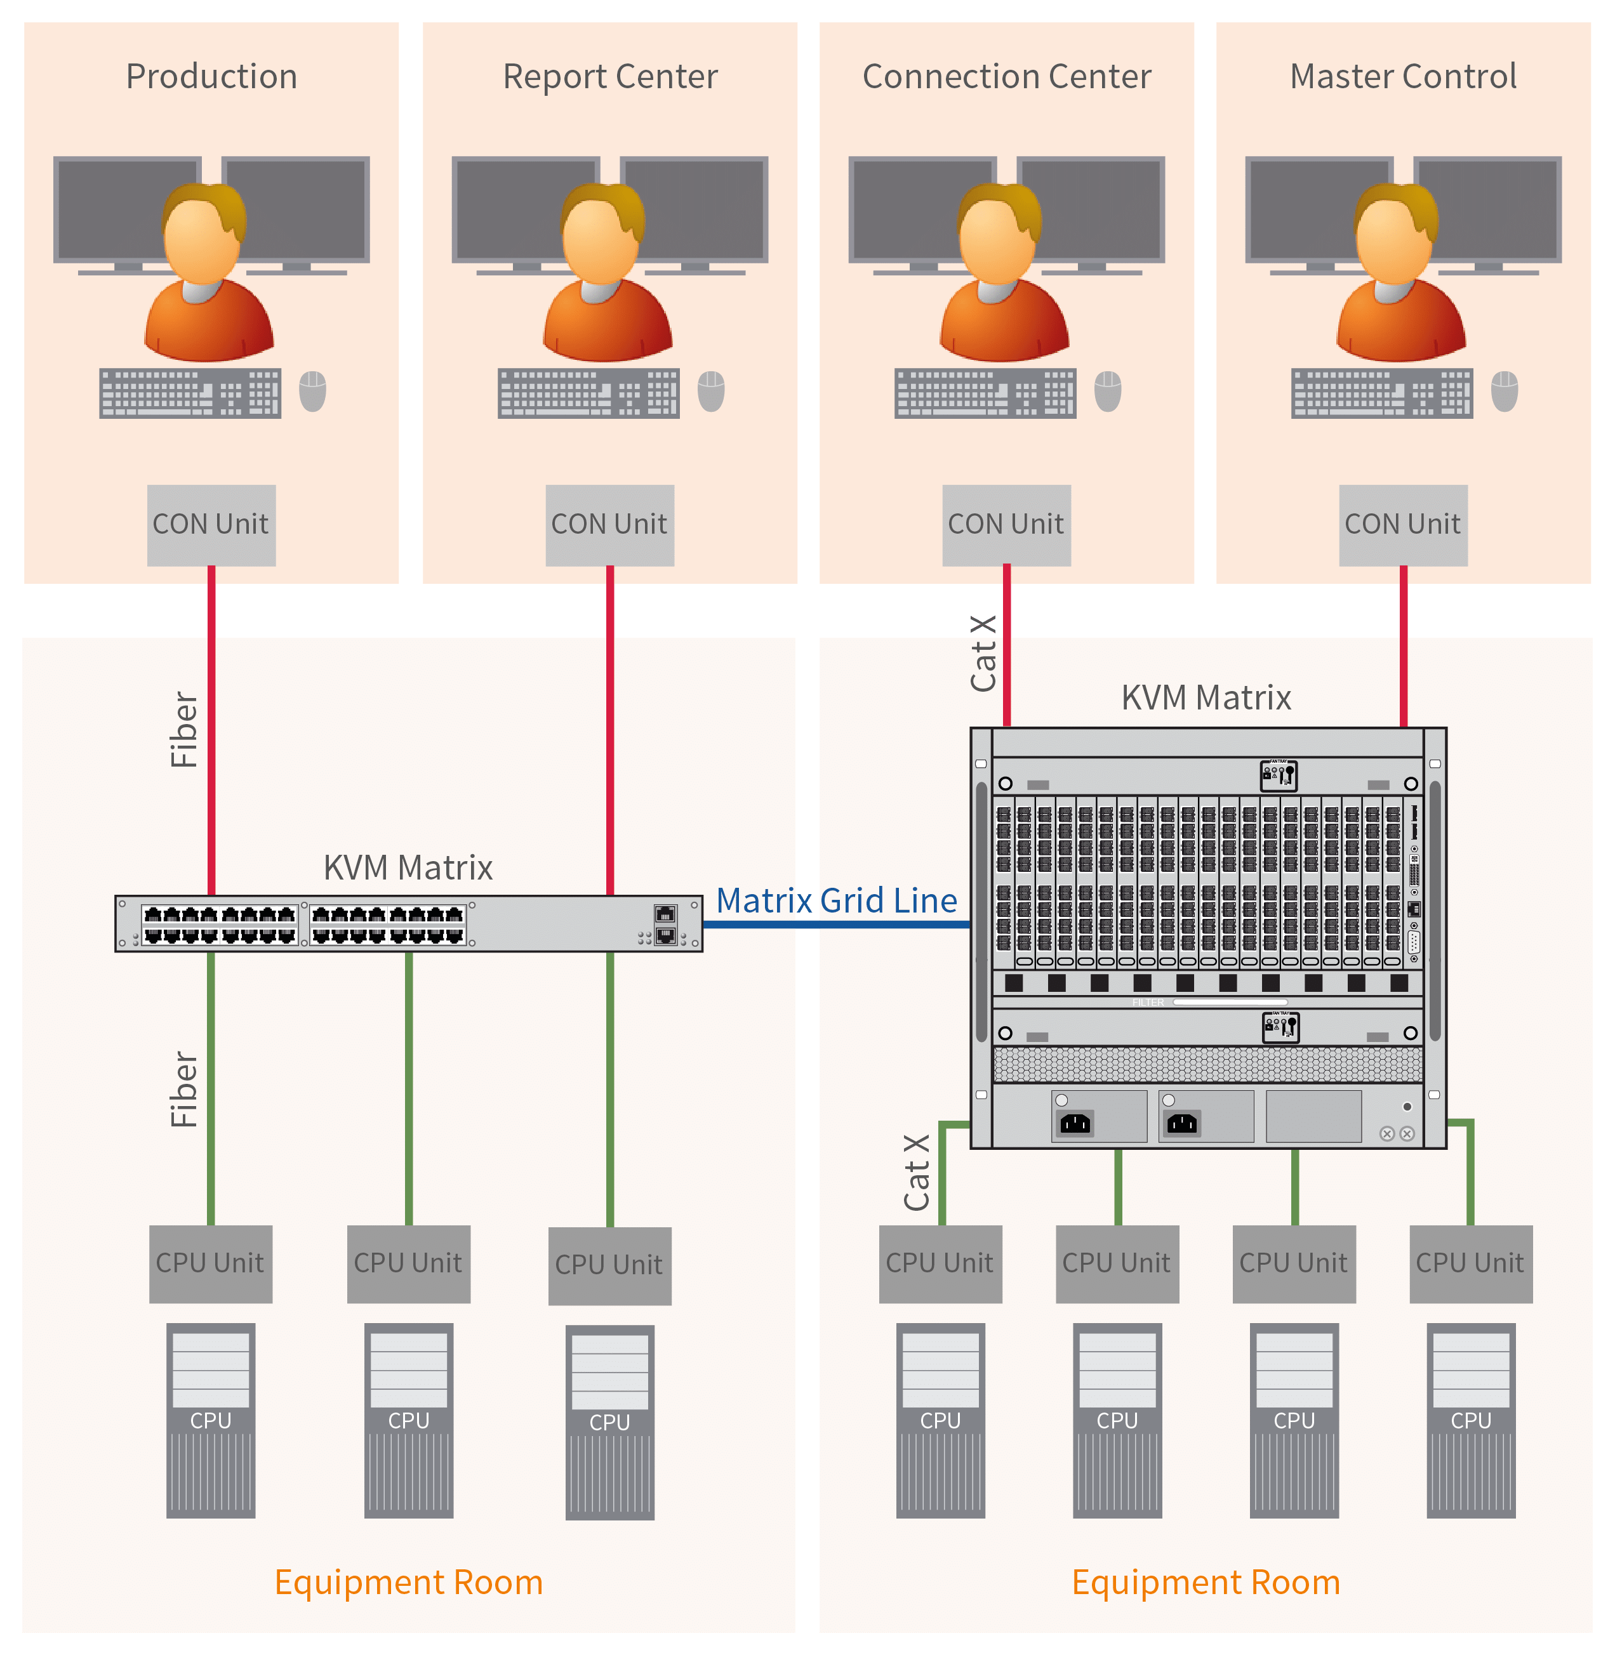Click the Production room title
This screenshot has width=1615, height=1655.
[x=211, y=76]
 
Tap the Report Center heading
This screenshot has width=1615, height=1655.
[x=610, y=76]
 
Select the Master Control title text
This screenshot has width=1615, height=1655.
[x=1403, y=76]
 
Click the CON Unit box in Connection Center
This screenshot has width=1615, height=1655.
[x=1006, y=525]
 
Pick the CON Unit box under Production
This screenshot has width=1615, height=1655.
[x=211, y=525]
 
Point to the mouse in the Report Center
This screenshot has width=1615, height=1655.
[x=711, y=391]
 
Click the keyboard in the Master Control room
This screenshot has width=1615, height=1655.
[x=1382, y=393]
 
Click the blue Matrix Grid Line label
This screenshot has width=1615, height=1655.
[x=836, y=900]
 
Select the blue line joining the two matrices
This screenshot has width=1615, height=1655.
[x=835, y=924]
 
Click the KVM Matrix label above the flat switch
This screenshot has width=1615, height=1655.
[x=408, y=867]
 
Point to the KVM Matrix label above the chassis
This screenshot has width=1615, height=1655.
[x=1206, y=698]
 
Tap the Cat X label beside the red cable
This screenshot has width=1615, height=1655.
[x=983, y=654]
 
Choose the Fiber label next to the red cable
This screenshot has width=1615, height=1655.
[x=184, y=729]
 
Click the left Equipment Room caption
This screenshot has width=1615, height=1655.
[x=408, y=1582]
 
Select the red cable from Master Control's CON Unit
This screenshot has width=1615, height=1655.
[x=1403, y=644]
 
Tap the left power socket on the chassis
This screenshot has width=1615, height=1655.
[x=1075, y=1123]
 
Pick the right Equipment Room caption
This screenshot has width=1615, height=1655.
[x=1206, y=1582]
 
